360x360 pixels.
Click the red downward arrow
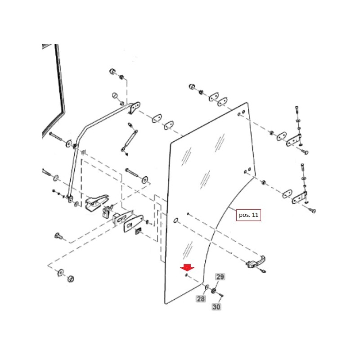click(x=185, y=269)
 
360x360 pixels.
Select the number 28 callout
click(x=201, y=298)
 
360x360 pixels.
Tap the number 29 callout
click(x=220, y=277)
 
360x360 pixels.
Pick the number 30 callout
click(x=216, y=307)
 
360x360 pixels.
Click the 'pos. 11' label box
click(x=248, y=215)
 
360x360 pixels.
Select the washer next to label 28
click(x=206, y=287)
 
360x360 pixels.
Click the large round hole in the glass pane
click(x=176, y=220)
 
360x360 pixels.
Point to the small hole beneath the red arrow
click(x=185, y=275)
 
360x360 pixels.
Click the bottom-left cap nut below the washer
click(x=70, y=279)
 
